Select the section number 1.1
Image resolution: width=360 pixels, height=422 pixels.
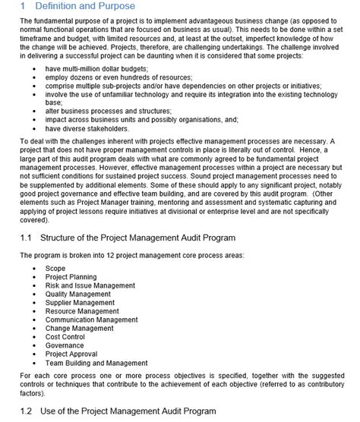(26, 238)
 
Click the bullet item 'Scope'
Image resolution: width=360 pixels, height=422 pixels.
(55, 268)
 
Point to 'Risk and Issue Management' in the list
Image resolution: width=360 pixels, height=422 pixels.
(90, 285)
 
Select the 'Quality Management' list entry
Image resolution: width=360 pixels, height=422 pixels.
(77, 294)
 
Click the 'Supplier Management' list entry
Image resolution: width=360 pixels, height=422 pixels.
(78, 303)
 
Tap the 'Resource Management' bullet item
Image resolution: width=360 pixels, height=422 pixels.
(81, 311)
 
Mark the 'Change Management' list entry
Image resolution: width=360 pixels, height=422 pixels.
(79, 328)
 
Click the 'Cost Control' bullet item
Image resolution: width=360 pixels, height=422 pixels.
(65, 336)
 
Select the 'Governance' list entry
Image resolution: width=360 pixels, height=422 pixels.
(64, 345)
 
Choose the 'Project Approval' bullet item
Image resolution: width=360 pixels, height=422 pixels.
(71, 354)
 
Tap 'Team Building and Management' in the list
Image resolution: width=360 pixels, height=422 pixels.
(96, 363)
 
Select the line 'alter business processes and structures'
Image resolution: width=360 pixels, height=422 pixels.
(108, 111)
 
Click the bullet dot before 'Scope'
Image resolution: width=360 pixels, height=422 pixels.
(35, 268)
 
